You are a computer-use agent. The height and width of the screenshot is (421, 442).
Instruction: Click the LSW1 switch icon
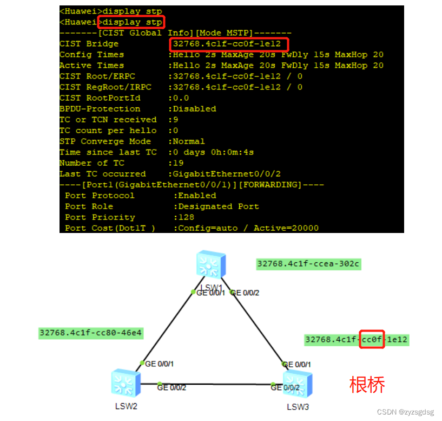point(211,266)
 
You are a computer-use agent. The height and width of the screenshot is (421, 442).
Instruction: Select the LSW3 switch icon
point(298,383)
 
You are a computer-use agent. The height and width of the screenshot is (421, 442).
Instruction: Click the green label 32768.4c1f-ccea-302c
point(308,264)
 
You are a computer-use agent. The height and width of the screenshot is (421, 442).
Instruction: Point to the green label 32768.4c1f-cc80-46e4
point(91,333)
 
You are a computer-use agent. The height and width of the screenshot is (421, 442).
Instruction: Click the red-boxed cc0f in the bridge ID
point(372,340)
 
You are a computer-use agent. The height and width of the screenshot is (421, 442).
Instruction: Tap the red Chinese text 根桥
point(367,385)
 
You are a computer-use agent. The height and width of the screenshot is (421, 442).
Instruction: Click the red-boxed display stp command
point(131,22)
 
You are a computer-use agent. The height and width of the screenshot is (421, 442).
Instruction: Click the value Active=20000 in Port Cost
point(286,228)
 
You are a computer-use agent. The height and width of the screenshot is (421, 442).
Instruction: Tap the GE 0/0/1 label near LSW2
point(159,364)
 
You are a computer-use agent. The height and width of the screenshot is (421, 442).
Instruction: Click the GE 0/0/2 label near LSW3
point(285,387)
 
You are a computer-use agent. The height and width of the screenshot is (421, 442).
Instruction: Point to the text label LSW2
point(126,406)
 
